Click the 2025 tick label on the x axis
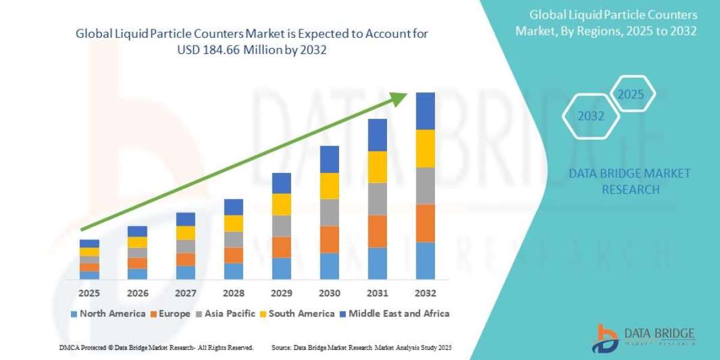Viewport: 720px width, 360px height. pyautogui.click(x=89, y=293)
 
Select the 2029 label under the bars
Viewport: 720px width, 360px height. pyautogui.click(x=281, y=293)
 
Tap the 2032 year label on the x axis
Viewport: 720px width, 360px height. pyautogui.click(x=425, y=293)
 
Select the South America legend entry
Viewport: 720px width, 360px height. pyautogui.click(x=297, y=314)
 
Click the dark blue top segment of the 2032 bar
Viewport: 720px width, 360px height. pyautogui.click(x=425, y=111)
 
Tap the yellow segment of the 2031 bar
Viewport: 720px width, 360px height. pyautogui.click(x=377, y=167)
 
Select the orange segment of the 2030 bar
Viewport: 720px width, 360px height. pyautogui.click(x=329, y=239)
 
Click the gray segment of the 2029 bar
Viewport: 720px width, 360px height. pyautogui.click(x=281, y=226)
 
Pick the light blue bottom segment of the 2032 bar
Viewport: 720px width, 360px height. pyautogui.click(x=425, y=261)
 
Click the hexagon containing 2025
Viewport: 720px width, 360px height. pyautogui.click(x=631, y=95)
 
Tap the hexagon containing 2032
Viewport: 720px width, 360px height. pyautogui.click(x=590, y=116)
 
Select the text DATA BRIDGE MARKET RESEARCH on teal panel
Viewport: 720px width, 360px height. pyautogui.click(x=629, y=181)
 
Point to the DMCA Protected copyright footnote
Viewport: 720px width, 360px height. pyautogui.click(x=156, y=348)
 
